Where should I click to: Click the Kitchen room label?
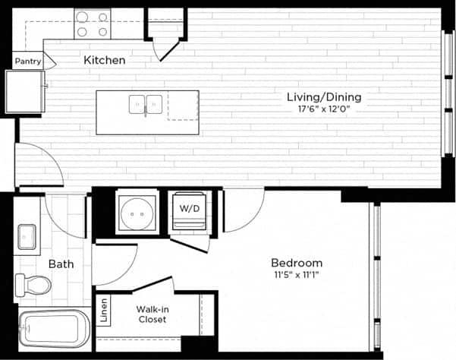pos(105,60)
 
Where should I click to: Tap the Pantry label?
pos(27,62)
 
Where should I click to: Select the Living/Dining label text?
pos(323,97)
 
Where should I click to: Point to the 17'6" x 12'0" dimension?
pos(323,109)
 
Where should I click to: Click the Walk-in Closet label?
pos(152,314)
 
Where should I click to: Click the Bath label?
pos(61,264)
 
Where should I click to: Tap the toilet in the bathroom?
pos(34,286)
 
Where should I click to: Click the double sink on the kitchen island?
pos(146,104)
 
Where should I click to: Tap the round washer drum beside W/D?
pos(137,213)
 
